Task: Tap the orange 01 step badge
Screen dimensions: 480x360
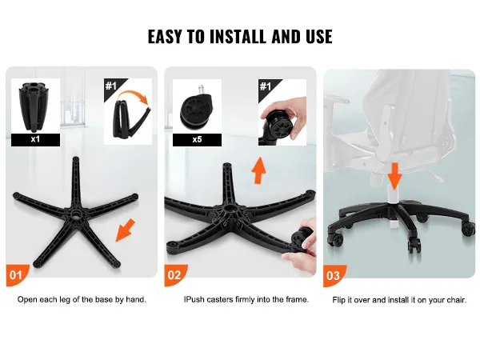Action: (16, 275)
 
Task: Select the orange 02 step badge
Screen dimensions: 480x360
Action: (174, 275)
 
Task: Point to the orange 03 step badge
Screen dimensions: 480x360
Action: (334, 276)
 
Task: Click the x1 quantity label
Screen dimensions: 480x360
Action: (35, 139)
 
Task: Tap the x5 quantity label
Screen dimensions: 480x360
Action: (197, 140)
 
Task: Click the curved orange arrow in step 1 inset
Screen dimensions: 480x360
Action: (134, 95)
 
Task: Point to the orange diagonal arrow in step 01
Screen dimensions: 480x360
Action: (126, 230)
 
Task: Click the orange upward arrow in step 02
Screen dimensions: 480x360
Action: (258, 170)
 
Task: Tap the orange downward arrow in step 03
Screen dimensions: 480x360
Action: (395, 176)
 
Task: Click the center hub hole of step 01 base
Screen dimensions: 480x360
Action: (75, 214)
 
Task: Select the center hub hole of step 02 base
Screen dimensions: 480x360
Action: (229, 209)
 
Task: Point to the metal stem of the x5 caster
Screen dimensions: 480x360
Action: (202, 90)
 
